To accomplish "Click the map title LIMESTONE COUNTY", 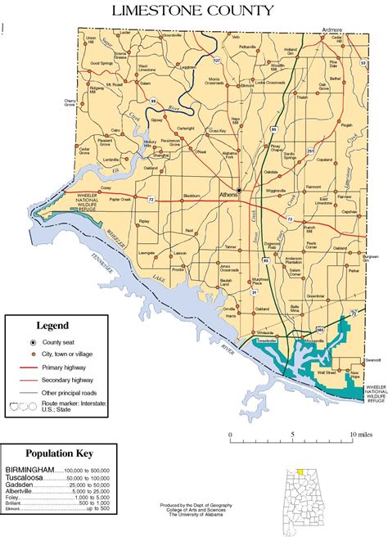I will (194, 11).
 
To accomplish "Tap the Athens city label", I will (229, 196).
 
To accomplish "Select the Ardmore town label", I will (332, 29).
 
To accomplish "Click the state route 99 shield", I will (153, 100).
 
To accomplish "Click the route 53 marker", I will (362, 62).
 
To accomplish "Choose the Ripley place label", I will (146, 221).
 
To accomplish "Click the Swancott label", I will (373, 359).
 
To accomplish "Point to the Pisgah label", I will (346, 124).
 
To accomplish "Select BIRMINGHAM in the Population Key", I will (29, 469).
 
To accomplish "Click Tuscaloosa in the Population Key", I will (25, 476).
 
